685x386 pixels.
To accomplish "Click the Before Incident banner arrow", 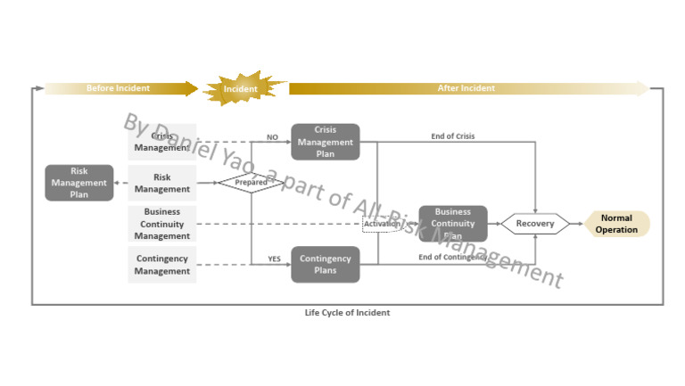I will [120, 88].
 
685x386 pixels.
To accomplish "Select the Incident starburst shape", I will [241, 89].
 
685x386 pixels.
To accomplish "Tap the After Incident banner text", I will [466, 88].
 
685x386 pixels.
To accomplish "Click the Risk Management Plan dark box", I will [79, 183].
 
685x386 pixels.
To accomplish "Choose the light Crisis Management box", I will [161, 142].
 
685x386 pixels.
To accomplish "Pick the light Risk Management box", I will [161, 183].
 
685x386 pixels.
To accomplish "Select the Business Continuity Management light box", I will [161, 224].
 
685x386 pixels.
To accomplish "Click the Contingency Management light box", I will [161, 265].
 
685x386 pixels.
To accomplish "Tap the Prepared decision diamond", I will [251, 183].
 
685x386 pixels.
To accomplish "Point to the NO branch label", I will [273, 137].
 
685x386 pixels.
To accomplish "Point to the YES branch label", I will [275, 259].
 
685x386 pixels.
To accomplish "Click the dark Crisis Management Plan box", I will [326, 142].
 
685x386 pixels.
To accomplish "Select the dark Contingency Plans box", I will [326, 265].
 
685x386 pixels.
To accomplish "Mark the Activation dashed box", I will [381, 225].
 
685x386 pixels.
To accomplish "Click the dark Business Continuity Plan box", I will [453, 224].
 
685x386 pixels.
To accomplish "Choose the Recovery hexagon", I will [535, 224].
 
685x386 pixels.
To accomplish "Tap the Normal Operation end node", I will [616, 224].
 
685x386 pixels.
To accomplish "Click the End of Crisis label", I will [453, 136].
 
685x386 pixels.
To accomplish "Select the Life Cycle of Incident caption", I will [347, 313].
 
